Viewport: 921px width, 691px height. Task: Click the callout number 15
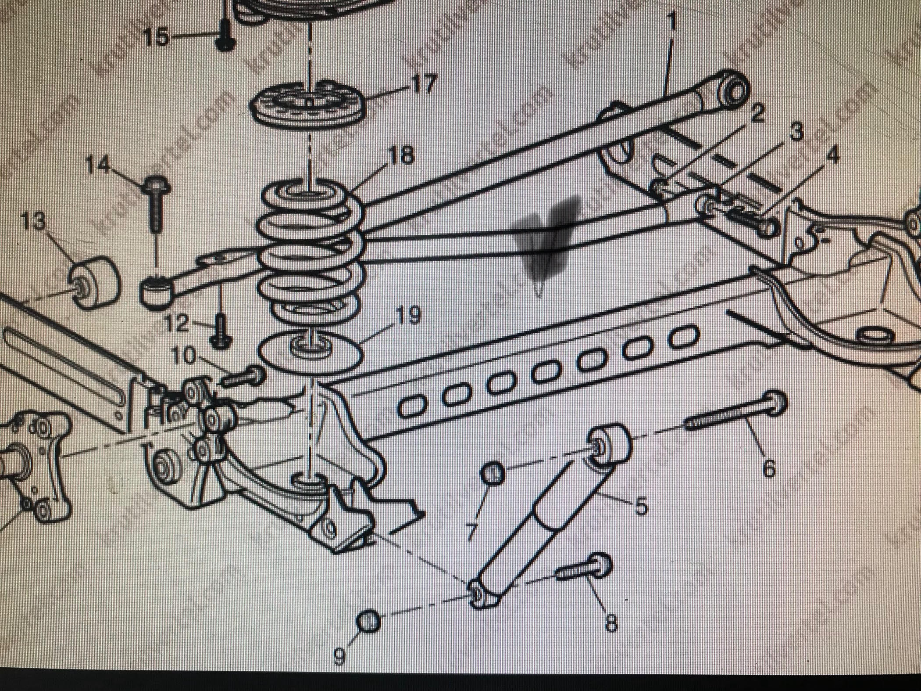[157, 37]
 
